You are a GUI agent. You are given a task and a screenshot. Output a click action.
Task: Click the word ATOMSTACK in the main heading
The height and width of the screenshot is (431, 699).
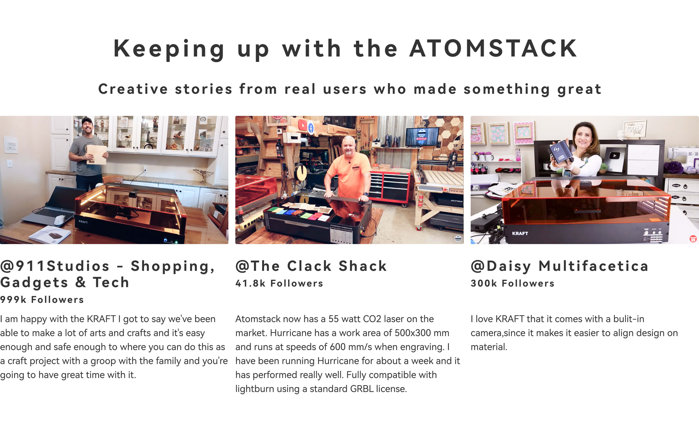pos(493,49)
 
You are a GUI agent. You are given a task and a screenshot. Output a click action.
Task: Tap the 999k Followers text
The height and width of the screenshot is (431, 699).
pos(42,300)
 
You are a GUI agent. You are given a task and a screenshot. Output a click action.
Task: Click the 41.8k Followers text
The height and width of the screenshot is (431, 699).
pos(279,283)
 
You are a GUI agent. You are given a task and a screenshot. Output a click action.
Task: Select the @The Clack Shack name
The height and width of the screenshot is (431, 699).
pos(311,266)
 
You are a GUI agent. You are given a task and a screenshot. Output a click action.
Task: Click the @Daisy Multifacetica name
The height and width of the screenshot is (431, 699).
pos(560,266)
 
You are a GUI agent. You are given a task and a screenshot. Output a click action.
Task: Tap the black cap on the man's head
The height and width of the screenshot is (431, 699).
pos(87,121)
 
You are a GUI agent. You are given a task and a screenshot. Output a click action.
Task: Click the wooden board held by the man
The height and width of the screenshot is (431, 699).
pos(96,155)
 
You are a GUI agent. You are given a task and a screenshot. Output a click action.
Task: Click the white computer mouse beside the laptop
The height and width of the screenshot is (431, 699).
pos(60,220)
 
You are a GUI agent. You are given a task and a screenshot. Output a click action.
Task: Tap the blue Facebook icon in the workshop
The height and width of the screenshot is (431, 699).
pos(311,128)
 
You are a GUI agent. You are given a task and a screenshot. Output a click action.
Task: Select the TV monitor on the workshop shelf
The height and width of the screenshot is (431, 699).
pos(422,137)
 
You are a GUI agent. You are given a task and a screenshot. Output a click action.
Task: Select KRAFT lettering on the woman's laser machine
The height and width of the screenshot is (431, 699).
pos(520,233)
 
